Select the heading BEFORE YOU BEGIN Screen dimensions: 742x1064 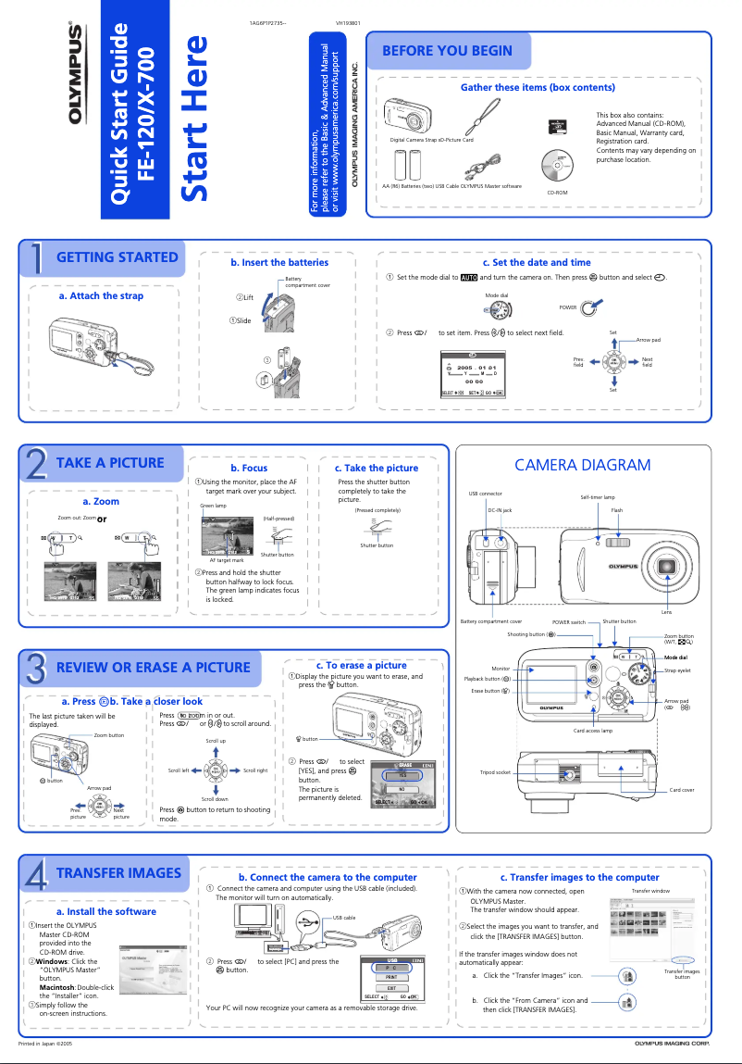447,51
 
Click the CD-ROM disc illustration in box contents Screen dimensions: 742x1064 557,165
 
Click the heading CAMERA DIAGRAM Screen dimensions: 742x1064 582,465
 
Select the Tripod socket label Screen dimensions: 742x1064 495,771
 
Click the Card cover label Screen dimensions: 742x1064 681,790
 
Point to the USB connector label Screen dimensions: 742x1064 485,494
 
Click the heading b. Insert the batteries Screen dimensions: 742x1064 279,263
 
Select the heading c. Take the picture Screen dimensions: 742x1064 376,469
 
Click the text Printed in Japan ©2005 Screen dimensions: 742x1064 46,1044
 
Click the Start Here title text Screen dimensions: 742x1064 199,119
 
